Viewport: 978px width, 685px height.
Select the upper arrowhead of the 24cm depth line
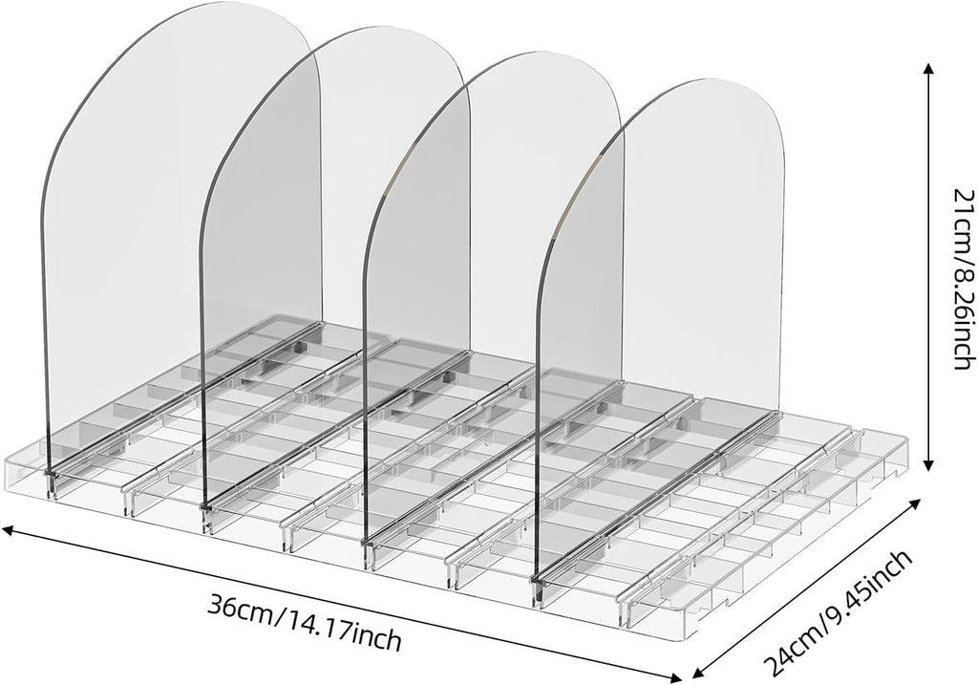915,503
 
